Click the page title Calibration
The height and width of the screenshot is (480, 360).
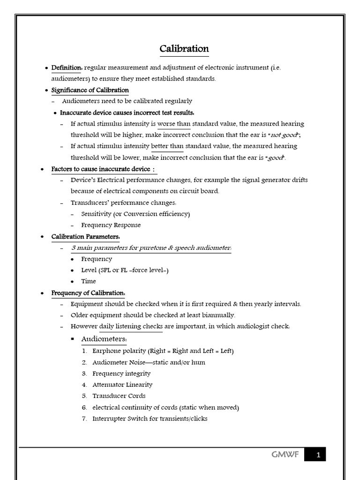(184, 49)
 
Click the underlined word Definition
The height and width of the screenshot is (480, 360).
(66, 67)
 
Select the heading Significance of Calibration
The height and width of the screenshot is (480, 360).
(90, 90)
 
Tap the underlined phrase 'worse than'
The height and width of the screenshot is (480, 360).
(173, 124)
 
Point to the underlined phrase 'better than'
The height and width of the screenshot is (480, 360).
(167, 146)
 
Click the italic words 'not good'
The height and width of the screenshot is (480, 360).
(285, 135)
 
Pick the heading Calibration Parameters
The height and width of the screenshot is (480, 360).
(85, 236)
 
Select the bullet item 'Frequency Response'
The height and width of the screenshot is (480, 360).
(111, 225)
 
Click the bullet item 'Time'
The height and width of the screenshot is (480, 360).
(88, 281)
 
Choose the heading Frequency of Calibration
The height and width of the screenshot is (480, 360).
(88, 293)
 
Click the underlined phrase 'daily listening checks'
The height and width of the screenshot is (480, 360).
(131, 326)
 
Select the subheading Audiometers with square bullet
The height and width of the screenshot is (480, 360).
(104, 339)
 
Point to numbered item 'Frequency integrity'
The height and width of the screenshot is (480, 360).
(121, 374)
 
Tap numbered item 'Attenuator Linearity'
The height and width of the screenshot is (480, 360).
(122, 385)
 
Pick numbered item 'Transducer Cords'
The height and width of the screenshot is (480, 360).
(119, 396)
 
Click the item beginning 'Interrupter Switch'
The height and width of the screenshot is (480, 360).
(150, 419)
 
